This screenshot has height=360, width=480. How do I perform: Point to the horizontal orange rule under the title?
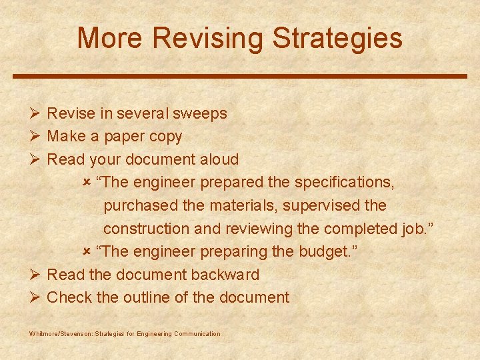pyautogui.click(x=240, y=76)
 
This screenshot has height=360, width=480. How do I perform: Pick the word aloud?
pyautogui.click(x=219, y=159)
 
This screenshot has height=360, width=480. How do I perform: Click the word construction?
pyautogui.click(x=147, y=229)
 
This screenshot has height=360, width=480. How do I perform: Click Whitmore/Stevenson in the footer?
pyautogui.click(x=61, y=334)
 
